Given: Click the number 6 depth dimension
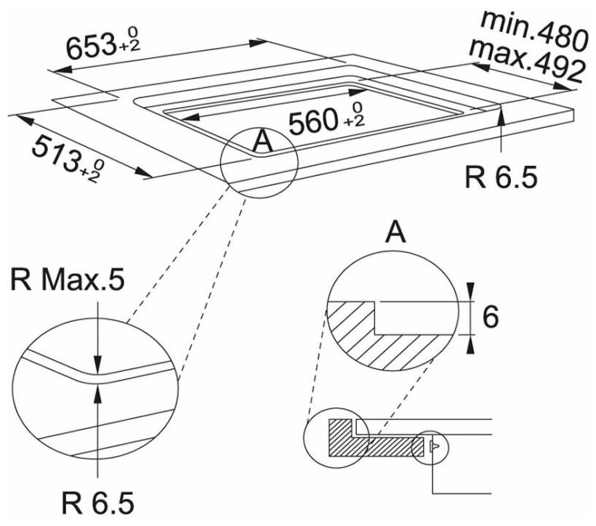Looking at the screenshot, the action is click(x=491, y=317).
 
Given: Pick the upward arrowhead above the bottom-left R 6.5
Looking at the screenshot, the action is click(x=98, y=391).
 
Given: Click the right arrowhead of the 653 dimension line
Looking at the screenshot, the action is click(x=261, y=41).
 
